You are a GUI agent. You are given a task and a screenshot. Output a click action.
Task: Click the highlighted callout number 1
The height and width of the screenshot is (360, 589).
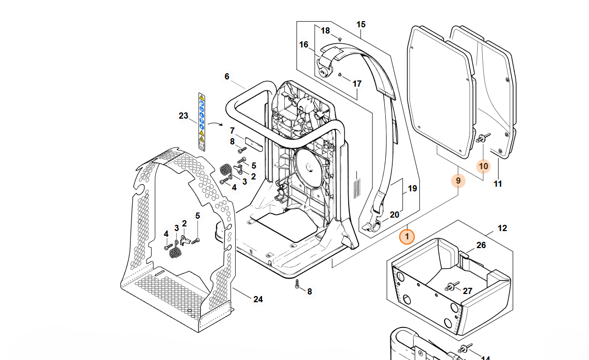point(407,237)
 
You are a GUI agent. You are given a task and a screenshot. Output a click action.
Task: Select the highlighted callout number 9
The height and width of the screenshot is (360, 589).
point(458,181)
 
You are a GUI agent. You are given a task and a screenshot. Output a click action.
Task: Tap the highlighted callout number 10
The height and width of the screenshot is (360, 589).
point(483,166)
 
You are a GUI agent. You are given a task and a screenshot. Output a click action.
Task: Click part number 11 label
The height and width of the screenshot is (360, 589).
point(498,183)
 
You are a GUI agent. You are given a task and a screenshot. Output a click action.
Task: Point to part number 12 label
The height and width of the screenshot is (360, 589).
point(502,228)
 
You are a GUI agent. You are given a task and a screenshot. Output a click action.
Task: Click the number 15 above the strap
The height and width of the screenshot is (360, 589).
point(361,24)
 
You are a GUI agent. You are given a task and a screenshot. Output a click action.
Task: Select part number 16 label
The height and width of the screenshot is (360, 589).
point(304,45)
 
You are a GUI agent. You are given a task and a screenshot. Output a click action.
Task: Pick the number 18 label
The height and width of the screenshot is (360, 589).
point(325,31)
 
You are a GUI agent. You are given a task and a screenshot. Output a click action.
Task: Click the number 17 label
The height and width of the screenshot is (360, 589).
point(357,84)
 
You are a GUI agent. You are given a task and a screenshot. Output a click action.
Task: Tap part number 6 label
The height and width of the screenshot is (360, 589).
point(227,76)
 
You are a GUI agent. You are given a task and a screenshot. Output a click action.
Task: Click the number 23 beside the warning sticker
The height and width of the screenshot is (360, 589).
point(184,116)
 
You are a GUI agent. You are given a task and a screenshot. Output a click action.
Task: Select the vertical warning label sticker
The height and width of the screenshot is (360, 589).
point(202,122)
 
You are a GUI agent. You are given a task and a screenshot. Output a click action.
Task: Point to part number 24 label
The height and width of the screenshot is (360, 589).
point(258,299)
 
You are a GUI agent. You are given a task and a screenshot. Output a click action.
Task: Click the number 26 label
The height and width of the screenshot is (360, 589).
point(481,245)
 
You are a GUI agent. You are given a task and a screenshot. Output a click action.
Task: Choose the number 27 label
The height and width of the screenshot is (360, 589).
point(467,291)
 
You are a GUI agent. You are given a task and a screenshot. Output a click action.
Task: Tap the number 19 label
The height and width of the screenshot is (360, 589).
point(412,189)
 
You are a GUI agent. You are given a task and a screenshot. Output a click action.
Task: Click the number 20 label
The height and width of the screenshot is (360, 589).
point(395,215)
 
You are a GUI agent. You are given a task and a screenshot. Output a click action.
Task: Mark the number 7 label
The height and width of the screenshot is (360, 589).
point(232,130)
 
